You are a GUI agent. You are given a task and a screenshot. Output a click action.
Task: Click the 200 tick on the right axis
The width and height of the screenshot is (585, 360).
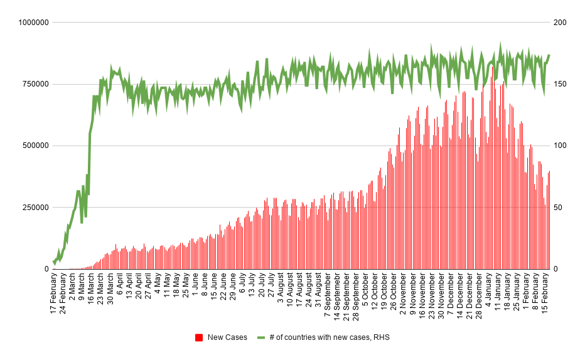click(560, 23)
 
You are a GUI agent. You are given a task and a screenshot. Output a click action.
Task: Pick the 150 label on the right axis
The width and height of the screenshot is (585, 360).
click(560, 84)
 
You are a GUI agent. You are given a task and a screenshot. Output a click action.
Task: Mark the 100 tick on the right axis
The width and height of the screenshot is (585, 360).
click(560, 146)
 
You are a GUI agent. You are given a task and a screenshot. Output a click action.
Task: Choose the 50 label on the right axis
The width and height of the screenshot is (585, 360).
click(557, 208)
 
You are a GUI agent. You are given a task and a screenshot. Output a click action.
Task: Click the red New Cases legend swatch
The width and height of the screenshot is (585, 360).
click(199, 337)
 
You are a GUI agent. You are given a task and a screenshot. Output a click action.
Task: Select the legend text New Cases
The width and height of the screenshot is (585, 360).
click(227, 337)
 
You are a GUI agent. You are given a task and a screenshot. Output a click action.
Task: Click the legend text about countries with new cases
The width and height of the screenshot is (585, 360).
click(330, 337)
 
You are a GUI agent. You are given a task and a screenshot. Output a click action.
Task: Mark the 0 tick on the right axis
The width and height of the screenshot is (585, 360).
click(555, 269)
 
